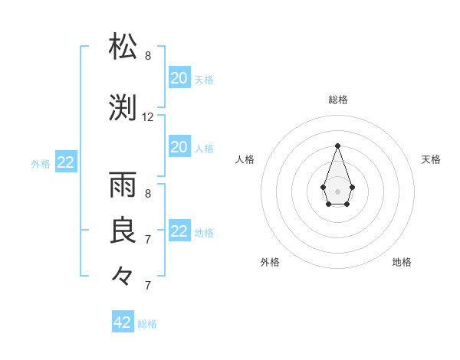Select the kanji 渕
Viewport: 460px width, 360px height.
click(123, 107)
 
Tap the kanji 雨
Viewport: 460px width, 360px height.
click(123, 185)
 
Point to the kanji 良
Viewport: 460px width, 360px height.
click(123, 231)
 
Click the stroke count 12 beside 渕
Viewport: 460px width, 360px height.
click(148, 117)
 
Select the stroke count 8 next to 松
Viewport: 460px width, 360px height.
click(148, 56)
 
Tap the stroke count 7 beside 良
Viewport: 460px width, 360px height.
click(148, 240)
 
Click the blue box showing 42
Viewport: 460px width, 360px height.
click(123, 322)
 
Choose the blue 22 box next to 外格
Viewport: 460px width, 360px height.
click(66, 162)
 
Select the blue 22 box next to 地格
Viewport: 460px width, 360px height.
click(179, 231)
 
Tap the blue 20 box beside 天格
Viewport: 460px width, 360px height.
click(179, 77)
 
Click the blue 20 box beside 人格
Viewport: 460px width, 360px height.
click(179, 147)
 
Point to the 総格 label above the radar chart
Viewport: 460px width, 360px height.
click(338, 100)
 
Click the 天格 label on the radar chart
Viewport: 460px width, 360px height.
click(431, 159)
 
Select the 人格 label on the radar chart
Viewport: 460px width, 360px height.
click(245, 159)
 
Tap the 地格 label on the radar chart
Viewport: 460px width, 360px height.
click(402, 262)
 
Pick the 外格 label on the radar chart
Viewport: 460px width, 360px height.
click(270, 262)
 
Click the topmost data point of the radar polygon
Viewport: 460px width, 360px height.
click(337, 146)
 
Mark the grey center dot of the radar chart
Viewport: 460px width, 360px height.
click(337, 190)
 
